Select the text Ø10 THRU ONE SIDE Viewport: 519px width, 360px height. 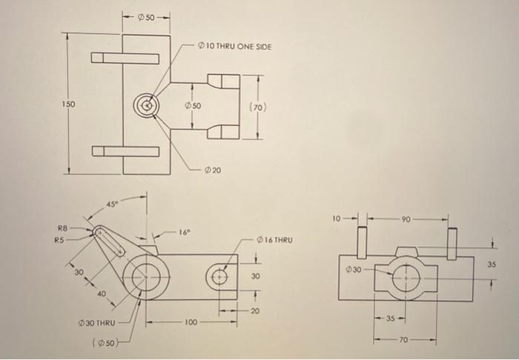[235, 47]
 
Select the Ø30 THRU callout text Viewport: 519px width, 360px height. [95, 324]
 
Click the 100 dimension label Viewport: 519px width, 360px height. [192, 323]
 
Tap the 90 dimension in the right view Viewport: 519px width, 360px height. [405, 219]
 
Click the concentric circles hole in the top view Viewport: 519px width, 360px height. [147, 106]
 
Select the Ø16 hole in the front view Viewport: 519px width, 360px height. [219, 277]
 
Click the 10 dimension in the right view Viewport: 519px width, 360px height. [337, 219]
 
